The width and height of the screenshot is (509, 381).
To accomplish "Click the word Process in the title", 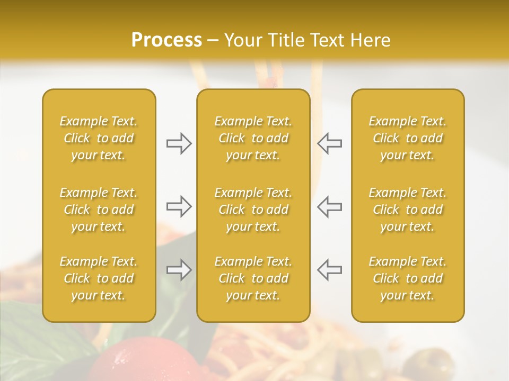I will pos(166,40).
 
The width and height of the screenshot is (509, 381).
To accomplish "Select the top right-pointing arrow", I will pos(179,143).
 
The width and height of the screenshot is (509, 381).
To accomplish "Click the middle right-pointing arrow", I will pos(179,206).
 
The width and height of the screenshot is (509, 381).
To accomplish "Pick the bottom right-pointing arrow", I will pos(179,270).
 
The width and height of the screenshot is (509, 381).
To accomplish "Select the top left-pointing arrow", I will pos(329,143).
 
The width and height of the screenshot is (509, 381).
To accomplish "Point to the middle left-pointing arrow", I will pos(329,206).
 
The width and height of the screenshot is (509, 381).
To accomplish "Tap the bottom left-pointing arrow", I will pos(329,270).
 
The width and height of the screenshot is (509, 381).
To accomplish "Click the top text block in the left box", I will pos(99,138).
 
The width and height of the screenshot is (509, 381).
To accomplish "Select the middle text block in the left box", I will pos(99,210).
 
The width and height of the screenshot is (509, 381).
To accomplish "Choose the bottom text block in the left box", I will pos(99,278).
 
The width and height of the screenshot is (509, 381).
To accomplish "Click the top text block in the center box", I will pos(253,138).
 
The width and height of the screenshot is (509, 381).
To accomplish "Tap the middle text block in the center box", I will pos(253,210).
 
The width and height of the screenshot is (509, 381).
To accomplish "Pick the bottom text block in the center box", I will pos(253,278).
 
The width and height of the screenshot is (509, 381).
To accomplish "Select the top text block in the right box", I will pos(408,138).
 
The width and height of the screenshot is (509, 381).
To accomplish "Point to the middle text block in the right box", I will pos(408,210).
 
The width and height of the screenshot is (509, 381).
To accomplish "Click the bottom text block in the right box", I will pos(408,278).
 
